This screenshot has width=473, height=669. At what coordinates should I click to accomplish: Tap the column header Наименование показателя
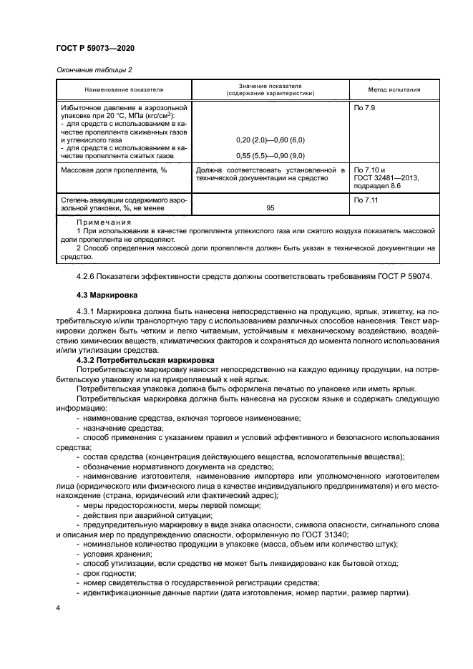125,90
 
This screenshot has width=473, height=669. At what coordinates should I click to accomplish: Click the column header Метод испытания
393,90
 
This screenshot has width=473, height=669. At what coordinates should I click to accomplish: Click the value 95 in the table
270,207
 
